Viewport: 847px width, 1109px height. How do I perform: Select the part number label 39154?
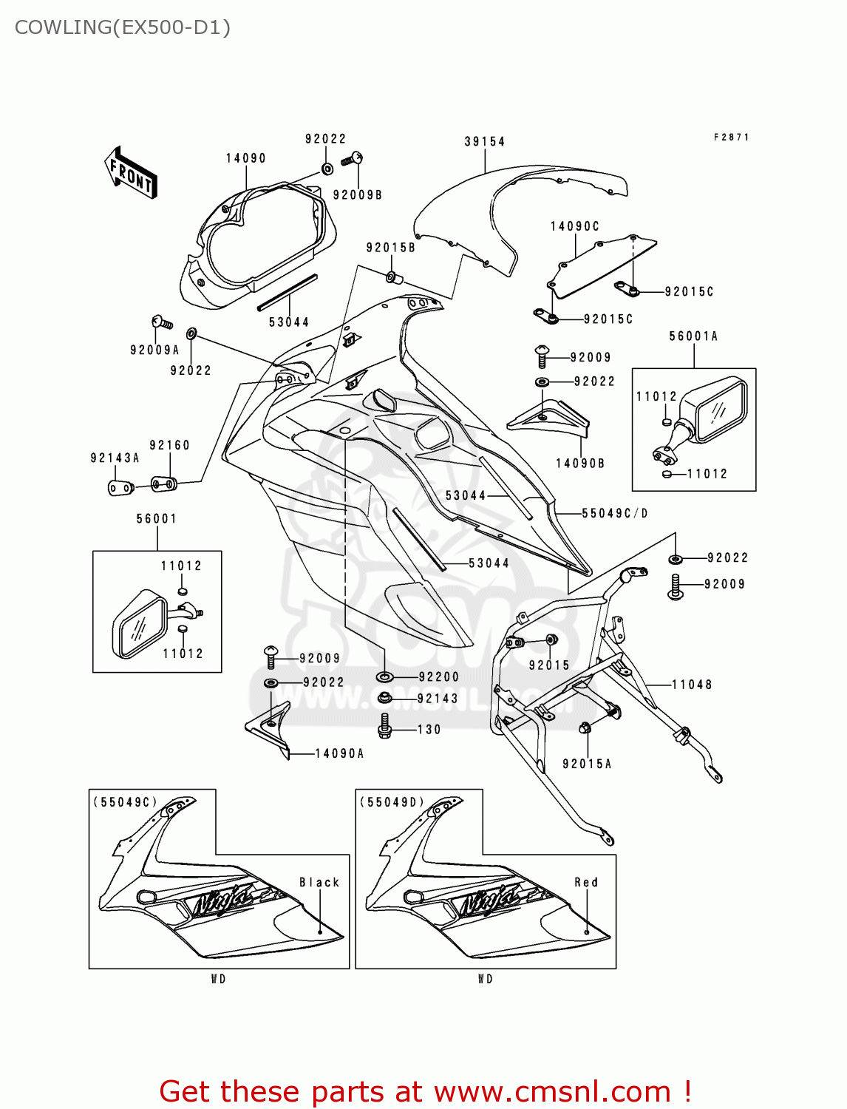pyautogui.click(x=484, y=142)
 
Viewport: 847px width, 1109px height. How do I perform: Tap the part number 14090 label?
pyautogui.click(x=245, y=158)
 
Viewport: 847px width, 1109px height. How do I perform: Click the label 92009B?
pyautogui.click(x=357, y=195)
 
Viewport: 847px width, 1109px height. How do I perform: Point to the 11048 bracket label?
pyautogui.click(x=692, y=685)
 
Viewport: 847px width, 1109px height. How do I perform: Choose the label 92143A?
pyautogui.click(x=115, y=458)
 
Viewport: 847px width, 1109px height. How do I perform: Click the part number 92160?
pyautogui.click(x=169, y=445)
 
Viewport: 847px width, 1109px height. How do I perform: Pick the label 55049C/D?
pyautogui.click(x=614, y=513)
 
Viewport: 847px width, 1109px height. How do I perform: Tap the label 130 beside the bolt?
pyautogui.click(x=429, y=730)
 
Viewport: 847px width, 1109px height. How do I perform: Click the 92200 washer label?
pyautogui.click(x=438, y=677)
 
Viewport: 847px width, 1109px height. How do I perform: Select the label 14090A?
pyautogui.click(x=339, y=754)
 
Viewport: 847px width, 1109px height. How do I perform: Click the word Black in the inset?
pyautogui.click(x=319, y=883)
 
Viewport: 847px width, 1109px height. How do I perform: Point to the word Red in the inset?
pyautogui.click(x=586, y=883)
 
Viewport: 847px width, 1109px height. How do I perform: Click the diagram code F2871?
pyautogui.click(x=731, y=138)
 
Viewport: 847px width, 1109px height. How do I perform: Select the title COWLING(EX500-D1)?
pyautogui.click(x=123, y=27)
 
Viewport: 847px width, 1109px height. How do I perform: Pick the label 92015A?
pyautogui.click(x=587, y=764)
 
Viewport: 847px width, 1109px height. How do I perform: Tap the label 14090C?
pyautogui.click(x=574, y=226)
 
